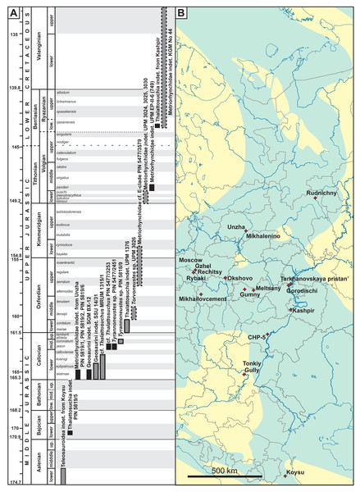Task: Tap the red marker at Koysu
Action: point(285,476)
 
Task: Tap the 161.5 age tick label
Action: point(13,332)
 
